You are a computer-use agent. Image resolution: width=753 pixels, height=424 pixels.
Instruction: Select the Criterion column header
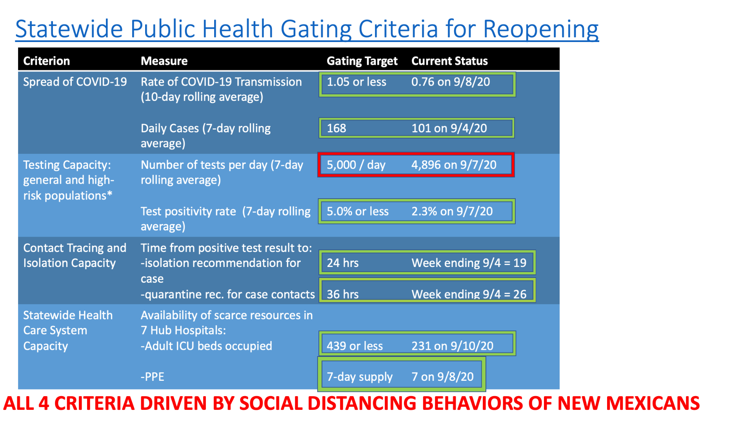(46, 61)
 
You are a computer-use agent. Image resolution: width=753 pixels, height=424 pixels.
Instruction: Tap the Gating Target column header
(362, 61)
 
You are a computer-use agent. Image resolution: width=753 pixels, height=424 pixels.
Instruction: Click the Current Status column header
(449, 61)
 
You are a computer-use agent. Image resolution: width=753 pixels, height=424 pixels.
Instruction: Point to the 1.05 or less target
(356, 82)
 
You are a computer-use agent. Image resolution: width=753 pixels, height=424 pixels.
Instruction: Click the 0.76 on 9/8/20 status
(451, 82)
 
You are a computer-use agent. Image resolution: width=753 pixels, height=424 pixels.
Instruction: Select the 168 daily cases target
(336, 128)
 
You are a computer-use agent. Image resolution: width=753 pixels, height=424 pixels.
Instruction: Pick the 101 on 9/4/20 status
(449, 128)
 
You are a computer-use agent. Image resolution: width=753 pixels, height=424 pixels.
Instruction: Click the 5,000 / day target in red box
(356, 165)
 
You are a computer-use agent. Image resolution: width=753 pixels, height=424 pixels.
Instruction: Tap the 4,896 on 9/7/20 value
(454, 165)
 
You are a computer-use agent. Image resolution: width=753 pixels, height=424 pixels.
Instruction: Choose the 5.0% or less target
(358, 211)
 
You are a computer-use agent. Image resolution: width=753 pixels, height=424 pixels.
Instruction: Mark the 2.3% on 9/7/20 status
(452, 211)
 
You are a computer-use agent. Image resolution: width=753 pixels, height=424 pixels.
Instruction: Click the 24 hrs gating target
(343, 263)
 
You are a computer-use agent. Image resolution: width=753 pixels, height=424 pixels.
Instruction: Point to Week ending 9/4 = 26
(469, 294)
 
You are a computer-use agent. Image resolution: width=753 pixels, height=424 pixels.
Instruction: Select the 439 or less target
(355, 346)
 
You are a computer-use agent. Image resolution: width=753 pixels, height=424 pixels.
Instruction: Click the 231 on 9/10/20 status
(452, 346)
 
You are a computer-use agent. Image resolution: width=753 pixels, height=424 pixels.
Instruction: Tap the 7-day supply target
(360, 377)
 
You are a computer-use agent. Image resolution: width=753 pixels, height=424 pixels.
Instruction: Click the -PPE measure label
(152, 377)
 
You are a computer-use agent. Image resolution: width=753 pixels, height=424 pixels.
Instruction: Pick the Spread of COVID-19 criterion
(75, 82)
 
